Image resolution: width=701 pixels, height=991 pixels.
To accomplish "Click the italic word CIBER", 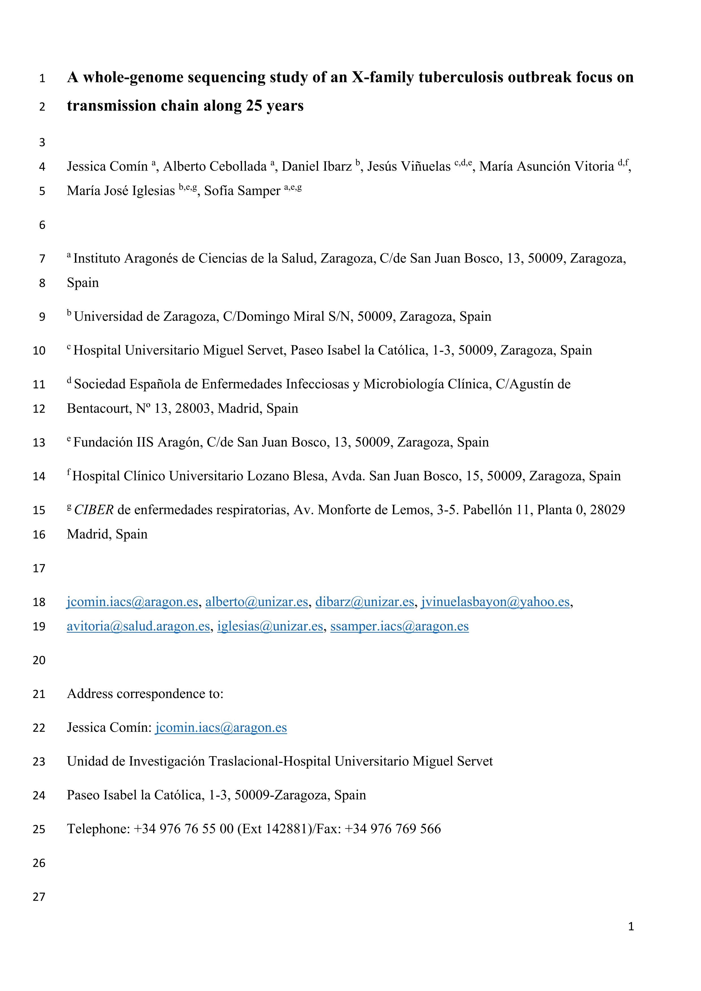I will pos(94,510).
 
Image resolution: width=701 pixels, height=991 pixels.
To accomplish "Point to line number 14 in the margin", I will pos(39,476).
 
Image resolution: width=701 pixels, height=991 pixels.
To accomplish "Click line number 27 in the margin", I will pos(39,897).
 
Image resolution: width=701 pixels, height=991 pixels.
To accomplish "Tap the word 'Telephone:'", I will pos(98,829).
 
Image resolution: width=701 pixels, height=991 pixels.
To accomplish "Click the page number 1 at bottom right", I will pos(631,926).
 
